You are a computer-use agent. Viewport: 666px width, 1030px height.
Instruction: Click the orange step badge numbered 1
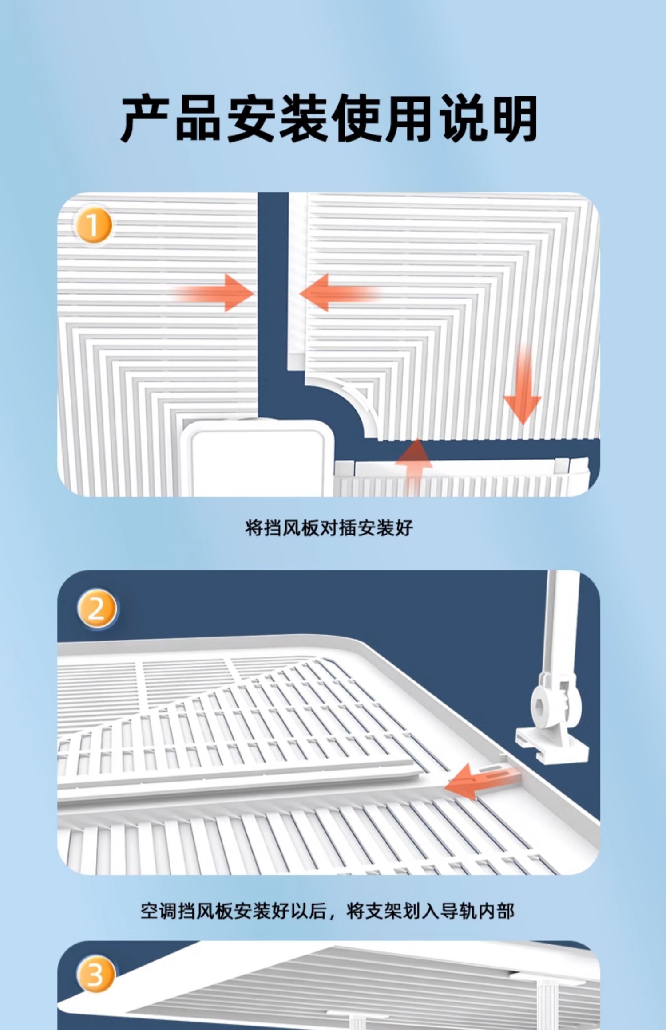(93, 226)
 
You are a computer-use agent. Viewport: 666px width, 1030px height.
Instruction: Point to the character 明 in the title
(515, 119)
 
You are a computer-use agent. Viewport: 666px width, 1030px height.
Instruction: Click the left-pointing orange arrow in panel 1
(340, 293)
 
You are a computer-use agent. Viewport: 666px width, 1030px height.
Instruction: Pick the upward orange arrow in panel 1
(413, 466)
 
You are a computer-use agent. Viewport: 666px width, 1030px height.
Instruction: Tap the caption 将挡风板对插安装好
(329, 528)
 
